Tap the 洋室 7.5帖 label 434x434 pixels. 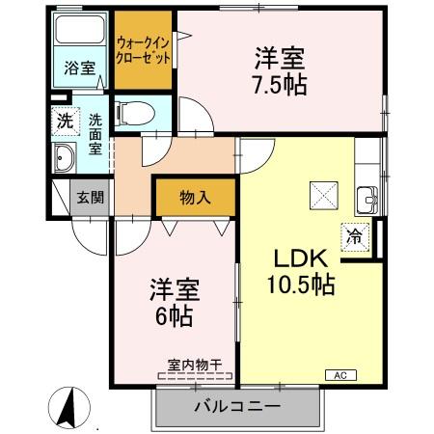281,69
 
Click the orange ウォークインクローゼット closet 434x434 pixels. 144,48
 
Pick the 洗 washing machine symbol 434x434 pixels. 63,122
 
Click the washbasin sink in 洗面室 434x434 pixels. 66,159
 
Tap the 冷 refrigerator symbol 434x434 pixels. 355,234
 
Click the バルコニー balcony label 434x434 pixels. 236,407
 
